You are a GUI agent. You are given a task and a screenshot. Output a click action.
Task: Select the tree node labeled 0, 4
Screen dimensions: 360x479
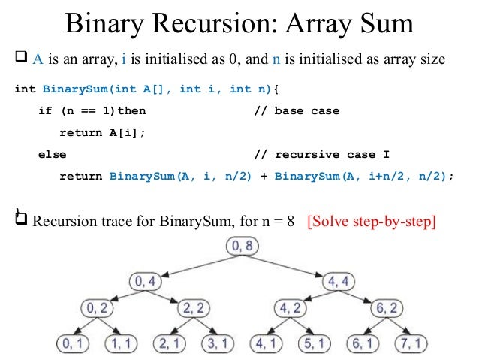(x=146, y=282)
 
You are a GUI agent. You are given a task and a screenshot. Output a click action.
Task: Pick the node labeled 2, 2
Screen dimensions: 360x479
(x=194, y=308)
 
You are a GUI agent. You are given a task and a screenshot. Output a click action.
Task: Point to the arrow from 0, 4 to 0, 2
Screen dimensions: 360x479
(x=120, y=295)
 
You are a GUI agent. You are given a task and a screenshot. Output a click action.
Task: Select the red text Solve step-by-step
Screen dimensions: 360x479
(x=372, y=223)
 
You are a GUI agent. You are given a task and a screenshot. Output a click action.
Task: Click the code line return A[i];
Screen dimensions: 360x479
(x=101, y=133)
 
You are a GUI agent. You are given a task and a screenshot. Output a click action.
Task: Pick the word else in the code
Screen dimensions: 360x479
(x=52, y=155)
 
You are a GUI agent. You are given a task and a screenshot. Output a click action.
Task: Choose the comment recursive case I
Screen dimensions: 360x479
(x=322, y=155)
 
